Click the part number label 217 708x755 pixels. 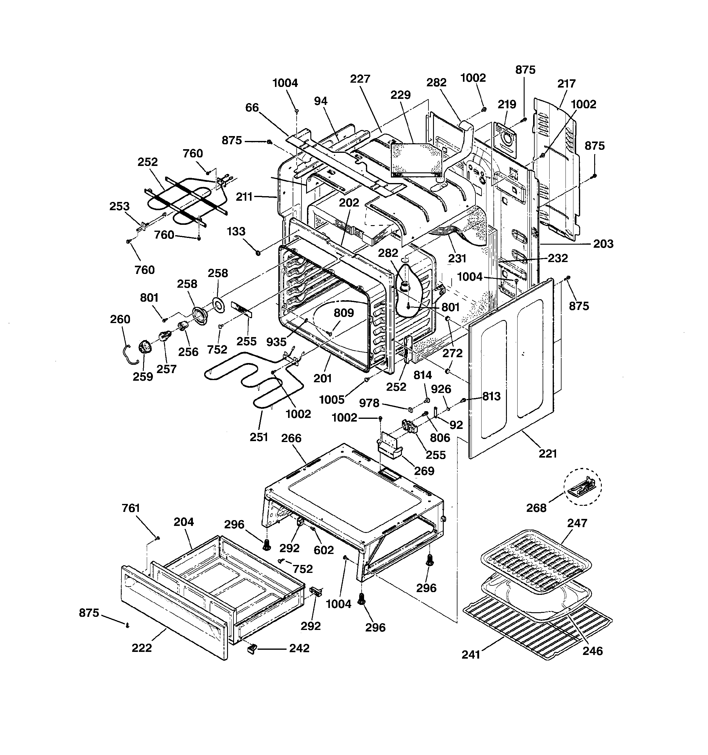click(566, 84)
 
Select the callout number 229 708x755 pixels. click(401, 95)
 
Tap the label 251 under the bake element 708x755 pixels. click(259, 437)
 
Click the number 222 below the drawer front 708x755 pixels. click(142, 648)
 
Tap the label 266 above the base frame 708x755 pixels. click(291, 438)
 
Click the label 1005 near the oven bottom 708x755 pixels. click(332, 400)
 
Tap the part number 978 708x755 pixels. click(369, 403)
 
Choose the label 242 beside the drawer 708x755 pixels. click(299, 648)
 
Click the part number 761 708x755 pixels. click(131, 508)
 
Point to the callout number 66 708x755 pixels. click(252, 108)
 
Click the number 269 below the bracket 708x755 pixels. click(424, 471)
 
